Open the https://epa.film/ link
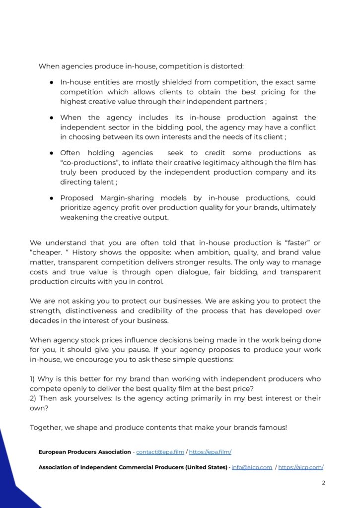[x=210, y=452]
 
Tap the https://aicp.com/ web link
[x=301, y=467]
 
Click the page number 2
[x=323, y=483]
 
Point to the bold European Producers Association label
[x=84, y=452]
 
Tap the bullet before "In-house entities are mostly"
[x=51, y=82]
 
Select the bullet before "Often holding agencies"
[x=51, y=153]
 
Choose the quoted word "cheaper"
[x=47, y=253]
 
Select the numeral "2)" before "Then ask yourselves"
[x=33, y=398]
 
